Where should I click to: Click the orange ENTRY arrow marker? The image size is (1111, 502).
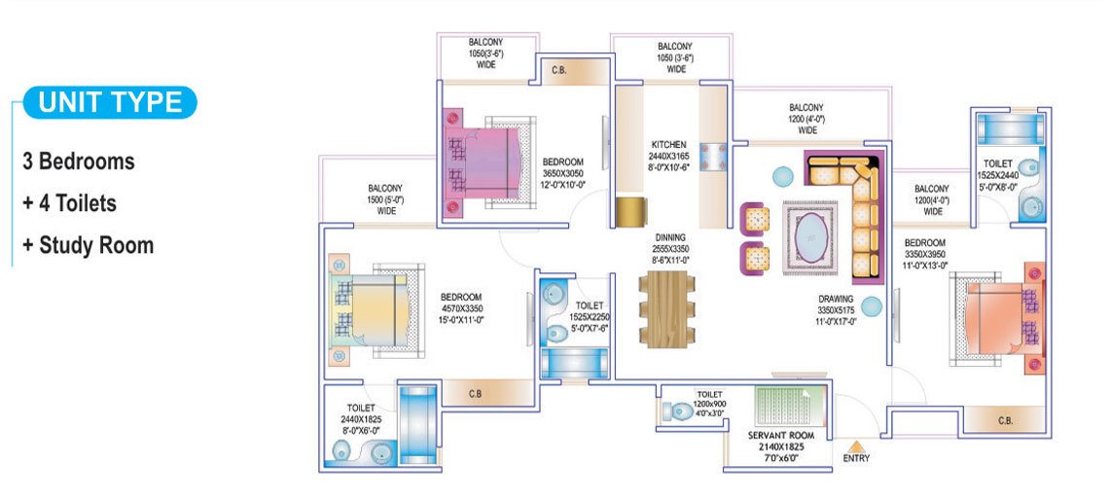click(856, 447)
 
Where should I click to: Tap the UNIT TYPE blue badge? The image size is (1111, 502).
click(110, 103)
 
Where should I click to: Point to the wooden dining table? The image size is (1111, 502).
click(666, 309)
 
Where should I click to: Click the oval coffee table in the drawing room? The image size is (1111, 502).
click(809, 238)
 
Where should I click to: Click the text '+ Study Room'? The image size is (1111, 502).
click(88, 245)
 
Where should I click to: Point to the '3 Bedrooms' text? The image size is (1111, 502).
click(79, 161)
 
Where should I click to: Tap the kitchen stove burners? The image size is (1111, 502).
click(713, 157)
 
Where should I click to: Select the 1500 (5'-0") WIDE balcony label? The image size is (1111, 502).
click(385, 199)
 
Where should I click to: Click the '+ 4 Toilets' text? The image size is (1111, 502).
click(69, 203)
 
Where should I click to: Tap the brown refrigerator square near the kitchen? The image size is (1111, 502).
click(630, 212)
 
